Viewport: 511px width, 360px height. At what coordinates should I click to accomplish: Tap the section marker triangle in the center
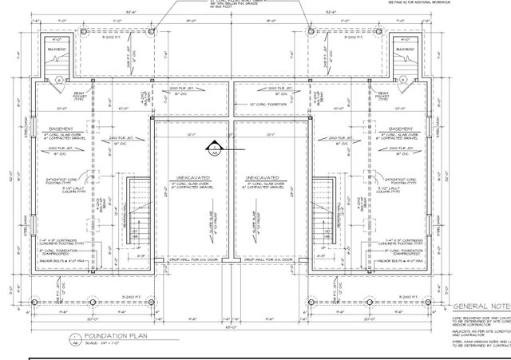214,146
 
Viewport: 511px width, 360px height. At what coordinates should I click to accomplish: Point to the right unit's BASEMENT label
400,129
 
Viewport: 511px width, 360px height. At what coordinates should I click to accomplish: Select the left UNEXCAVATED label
192,177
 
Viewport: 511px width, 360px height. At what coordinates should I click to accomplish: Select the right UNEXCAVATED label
263,177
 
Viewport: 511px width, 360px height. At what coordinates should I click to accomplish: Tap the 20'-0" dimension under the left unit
70,317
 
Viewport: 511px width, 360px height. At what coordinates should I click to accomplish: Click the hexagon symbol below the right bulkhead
406,78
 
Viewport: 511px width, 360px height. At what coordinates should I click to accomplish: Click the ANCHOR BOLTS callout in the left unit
63,261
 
